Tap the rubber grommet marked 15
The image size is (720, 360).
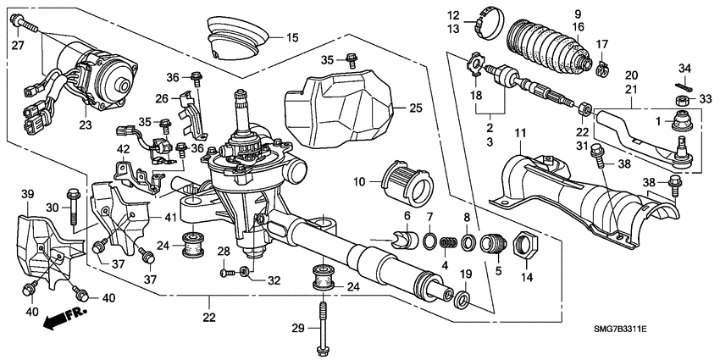pyautogui.click(x=235, y=41)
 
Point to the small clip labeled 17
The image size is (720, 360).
pyautogui.click(x=602, y=64)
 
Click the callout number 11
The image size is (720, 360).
pyautogui.click(x=521, y=133)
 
